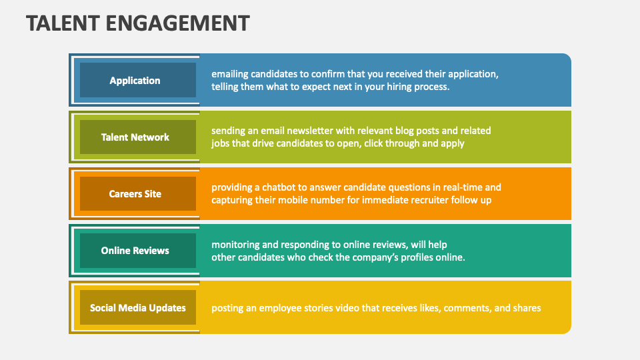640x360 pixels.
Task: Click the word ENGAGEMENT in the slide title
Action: (x=179, y=23)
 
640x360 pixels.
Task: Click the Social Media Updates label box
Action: (x=137, y=308)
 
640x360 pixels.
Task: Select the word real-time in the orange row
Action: (x=459, y=187)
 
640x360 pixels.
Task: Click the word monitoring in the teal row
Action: (x=237, y=245)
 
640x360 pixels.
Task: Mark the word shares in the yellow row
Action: (x=526, y=308)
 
